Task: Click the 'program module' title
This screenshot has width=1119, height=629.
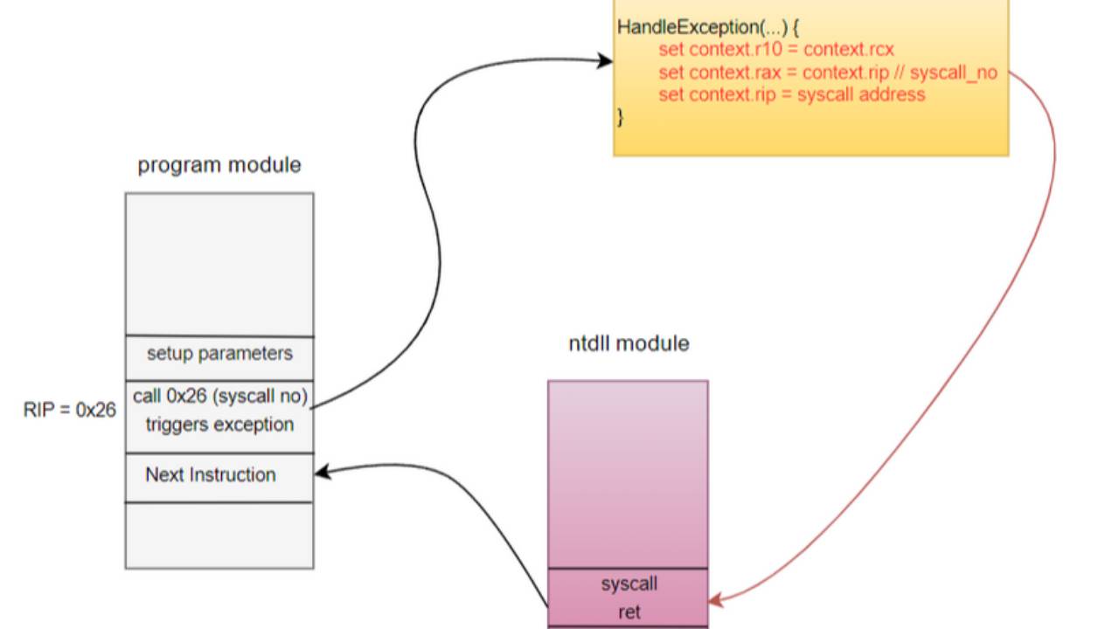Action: (x=219, y=165)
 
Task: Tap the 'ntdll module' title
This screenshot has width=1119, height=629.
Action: (x=629, y=343)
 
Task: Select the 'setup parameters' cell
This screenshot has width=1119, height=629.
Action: (x=219, y=354)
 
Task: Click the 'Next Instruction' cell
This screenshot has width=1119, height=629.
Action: (x=211, y=475)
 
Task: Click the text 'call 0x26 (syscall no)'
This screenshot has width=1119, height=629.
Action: (x=220, y=397)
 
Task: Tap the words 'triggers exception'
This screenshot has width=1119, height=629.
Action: (x=219, y=425)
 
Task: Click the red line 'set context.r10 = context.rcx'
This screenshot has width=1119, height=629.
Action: (x=776, y=50)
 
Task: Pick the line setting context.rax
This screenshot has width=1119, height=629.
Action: (x=826, y=73)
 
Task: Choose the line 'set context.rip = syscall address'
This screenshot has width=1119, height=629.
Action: (x=791, y=94)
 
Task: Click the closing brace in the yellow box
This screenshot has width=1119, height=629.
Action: (x=621, y=117)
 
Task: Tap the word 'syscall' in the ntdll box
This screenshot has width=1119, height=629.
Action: (x=629, y=584)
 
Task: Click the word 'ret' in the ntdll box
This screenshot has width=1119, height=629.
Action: (x=629, y=612)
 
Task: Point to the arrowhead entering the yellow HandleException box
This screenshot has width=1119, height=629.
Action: (x=606, y=60)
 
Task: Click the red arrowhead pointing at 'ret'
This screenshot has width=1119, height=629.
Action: (x=714, y=600)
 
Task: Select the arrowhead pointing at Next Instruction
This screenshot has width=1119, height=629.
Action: (x=321, y=472)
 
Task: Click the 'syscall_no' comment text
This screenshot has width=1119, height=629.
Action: (x=953, y=73)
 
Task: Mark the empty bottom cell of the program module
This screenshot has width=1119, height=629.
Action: (x=219, y=536)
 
